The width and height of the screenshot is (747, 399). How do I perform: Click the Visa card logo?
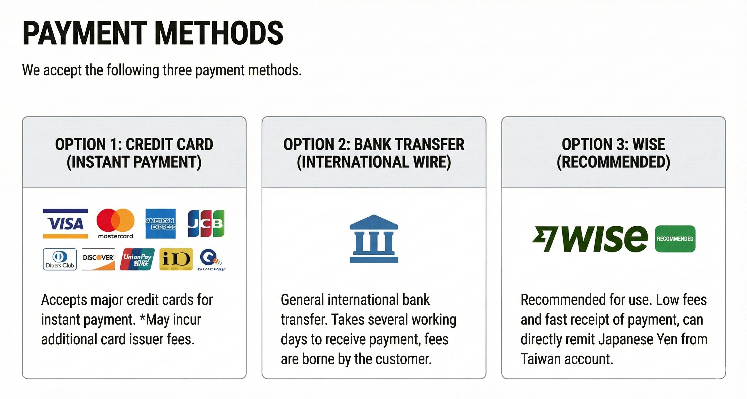pos(65,224)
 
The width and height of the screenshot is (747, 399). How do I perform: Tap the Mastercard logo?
pos(115,223)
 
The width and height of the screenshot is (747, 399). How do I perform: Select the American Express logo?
pos(160,224)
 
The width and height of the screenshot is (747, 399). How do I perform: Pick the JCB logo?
pos(206,224)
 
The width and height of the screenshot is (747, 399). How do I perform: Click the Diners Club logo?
pos(60,259)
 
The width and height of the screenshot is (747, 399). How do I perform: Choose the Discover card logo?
pos(98,259)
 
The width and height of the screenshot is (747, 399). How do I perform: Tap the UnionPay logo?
pos(137,259)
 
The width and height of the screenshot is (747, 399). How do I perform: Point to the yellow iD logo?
pos(176,259)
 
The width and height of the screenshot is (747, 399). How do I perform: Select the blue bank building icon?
pos(374,239)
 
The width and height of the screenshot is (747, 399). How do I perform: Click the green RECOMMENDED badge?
pos(675,239)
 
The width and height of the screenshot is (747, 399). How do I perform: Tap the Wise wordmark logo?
pos(590,239)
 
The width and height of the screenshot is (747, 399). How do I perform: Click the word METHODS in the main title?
pos(219,33)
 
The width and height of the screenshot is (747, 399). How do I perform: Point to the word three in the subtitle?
pos(178,71)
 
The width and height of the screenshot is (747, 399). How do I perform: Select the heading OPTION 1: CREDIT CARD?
pos(134,144)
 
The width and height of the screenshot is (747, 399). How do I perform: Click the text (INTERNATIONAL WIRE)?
pos(374,162)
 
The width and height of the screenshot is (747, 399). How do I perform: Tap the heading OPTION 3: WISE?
pos(613,144)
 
